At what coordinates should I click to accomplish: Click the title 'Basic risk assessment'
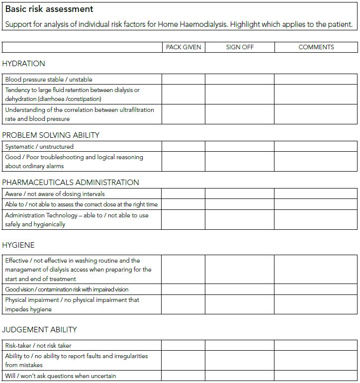coord(49,9)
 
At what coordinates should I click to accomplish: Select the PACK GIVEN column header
coord(183,47)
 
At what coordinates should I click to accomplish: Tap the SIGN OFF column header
coord(240,47)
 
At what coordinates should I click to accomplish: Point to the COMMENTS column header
coord(316,47)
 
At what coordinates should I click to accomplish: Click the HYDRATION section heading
coord(23,64)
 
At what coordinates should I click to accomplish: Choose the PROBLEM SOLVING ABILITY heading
coord(51,135)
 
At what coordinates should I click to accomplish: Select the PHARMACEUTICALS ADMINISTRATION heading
coord(71,183)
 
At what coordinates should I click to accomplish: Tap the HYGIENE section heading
coord(18,245)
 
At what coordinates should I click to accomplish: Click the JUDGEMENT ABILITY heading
coord(39,330)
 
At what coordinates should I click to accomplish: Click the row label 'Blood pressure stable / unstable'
coord(49,80)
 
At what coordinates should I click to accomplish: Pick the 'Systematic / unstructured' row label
coord(39,147)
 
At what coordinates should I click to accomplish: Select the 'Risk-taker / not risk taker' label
coord(42,345)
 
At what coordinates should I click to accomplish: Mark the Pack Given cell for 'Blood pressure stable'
coord(183,80)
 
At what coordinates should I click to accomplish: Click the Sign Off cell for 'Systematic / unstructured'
coord(240,147)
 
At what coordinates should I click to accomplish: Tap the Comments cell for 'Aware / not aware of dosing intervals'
coord(316,194)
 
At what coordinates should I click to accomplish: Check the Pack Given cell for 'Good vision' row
coord(183,289)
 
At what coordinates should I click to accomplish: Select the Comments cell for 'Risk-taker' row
coord(316,345)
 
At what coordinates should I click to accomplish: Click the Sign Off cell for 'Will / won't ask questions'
coord(240,376)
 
